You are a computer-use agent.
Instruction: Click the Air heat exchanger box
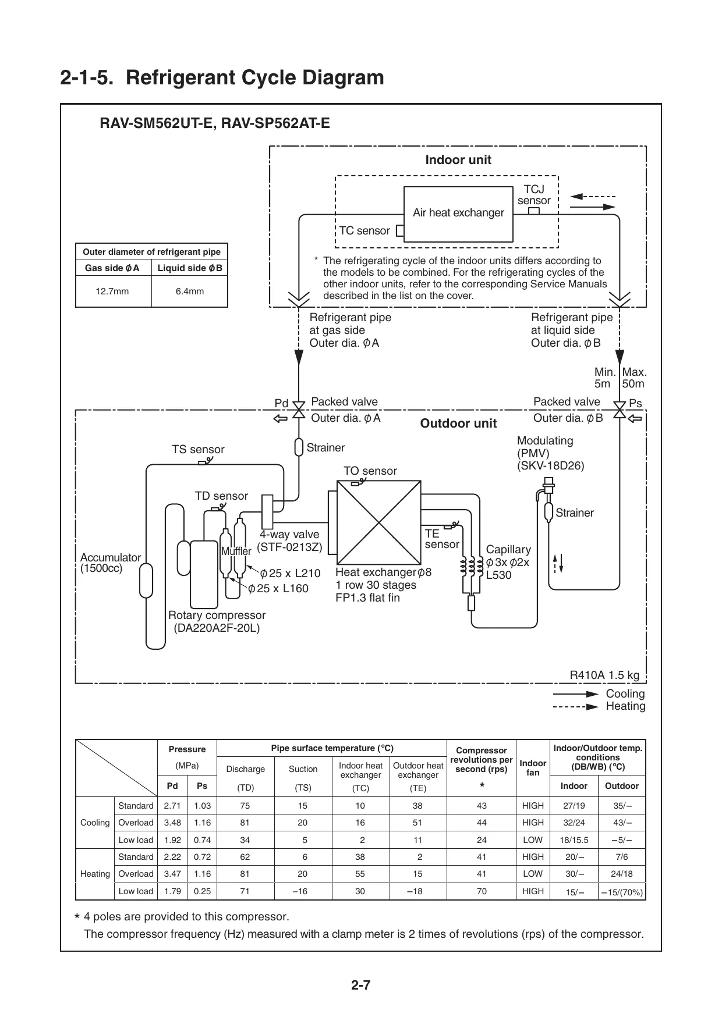[458, 214]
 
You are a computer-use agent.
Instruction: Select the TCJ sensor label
[533, 195]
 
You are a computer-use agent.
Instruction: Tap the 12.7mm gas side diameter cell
[112, 291]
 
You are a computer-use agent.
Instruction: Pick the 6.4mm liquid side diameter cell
[190, 291]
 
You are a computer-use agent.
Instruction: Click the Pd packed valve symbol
[299, 410]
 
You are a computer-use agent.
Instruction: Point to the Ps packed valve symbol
[620, 410]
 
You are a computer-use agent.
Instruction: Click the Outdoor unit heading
[458, 424]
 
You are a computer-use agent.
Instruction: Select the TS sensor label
[198, 450]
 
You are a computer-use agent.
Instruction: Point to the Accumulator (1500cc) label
[111, 563]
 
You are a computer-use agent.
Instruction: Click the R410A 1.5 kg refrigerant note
[604, 675]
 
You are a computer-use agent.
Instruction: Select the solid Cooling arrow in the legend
[575, 694]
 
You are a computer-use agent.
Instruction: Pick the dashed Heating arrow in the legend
[575, 707]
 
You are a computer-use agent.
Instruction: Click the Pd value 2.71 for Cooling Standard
[172, 806]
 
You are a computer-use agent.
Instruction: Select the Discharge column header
[245, 769]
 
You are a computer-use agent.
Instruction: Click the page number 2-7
[361, 986]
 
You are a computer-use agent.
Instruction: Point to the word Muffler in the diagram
[236, 551]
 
